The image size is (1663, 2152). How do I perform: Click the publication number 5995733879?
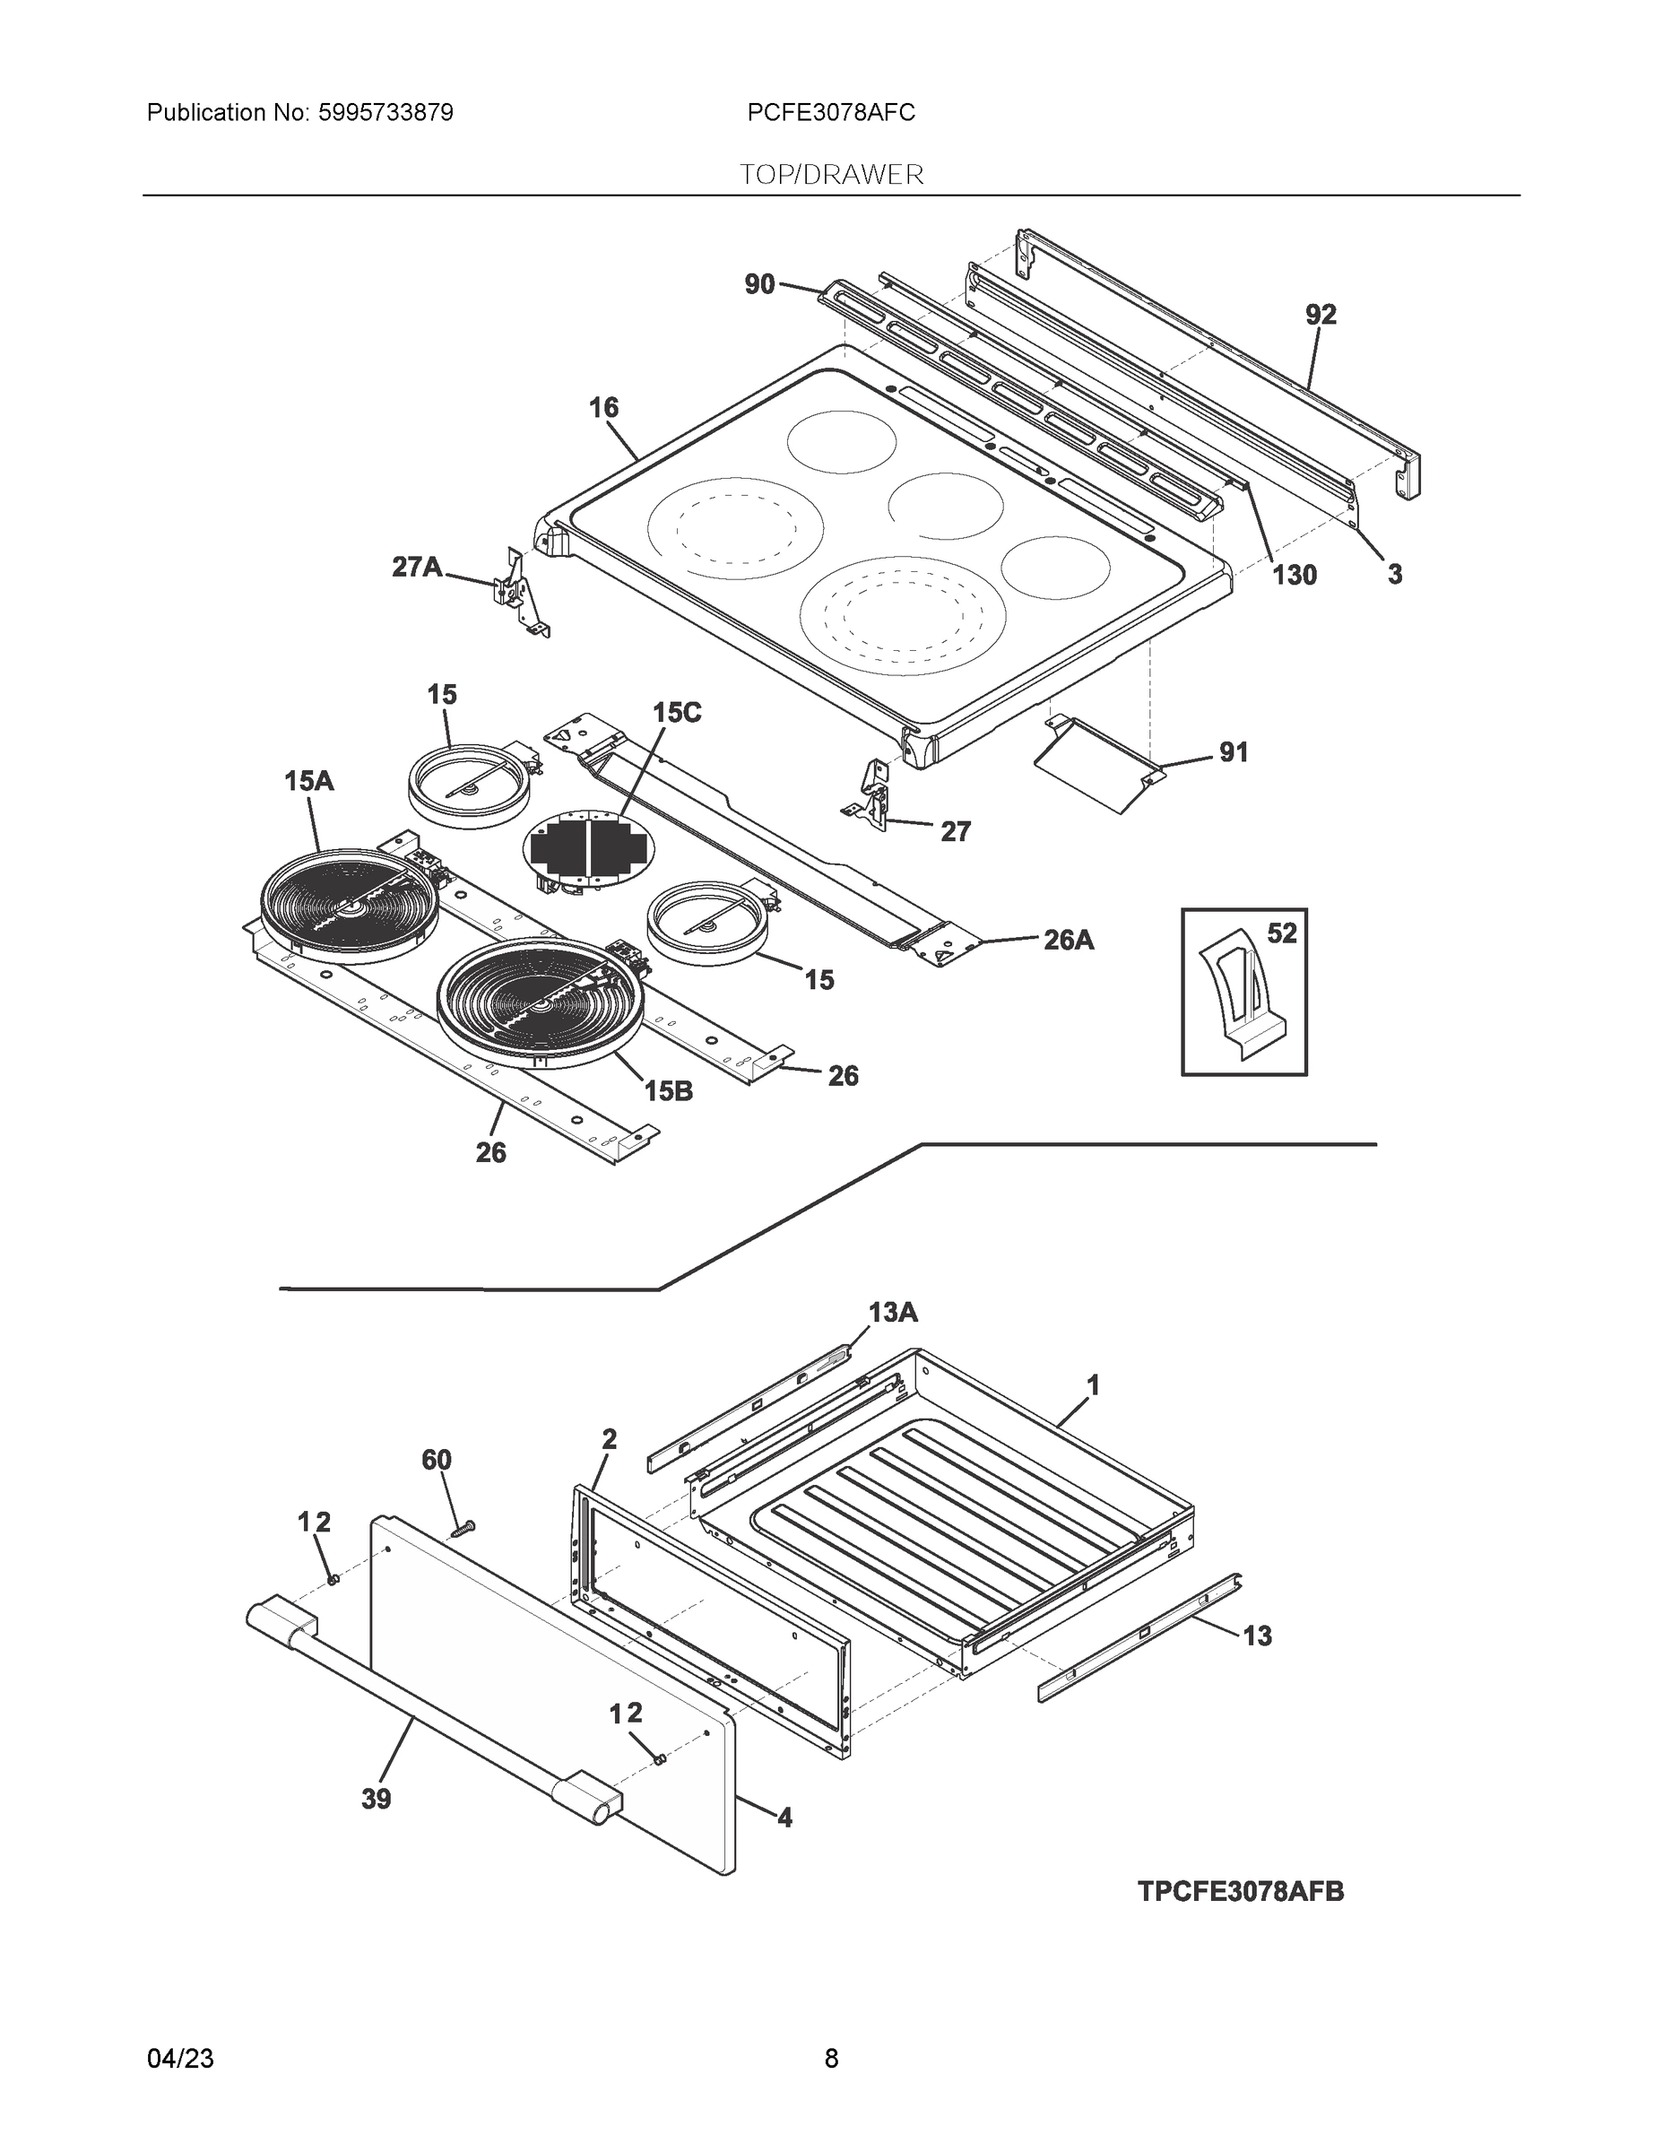pyautogui.click(x=385, y=113)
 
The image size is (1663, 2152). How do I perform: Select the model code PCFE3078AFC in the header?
pyautogui.click(x=830, y=113)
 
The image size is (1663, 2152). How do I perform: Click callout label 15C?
pyautogui.click(x=677, y=714)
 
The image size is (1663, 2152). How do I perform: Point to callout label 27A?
pyautogui.click(x=417, y=567)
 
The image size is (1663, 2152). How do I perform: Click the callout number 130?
pyautogui.click(x=1294, y=576)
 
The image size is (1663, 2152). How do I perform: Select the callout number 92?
pyautogui.click(x=1321, y=316)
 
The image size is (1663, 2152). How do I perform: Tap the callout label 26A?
pyautogui.click(x=1068, y=940)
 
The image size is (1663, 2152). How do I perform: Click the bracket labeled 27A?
pyautogui.click(x=516, y=591)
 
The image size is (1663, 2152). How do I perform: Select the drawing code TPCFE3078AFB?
pyautogui.click(x=1241, y=1892)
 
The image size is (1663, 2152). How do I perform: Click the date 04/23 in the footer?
pyautogui.click(x=180, y=2059)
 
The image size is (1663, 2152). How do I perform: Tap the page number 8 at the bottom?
pyautogui.click(x=830, y=2059)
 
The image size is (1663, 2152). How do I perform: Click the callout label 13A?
pyautogui.click(x=893, y=1313)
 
